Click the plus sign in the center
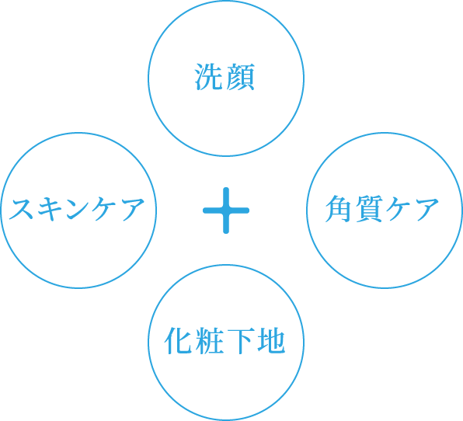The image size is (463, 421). click(x=226, y=210)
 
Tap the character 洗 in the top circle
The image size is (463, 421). click(x=208, y=77)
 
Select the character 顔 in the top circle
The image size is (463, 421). click(x=240, y=77)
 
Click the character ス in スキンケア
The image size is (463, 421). click(x=21, y=209)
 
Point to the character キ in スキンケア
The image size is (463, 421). click(x=50, y=209)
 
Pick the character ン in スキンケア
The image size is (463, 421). click(x=78, y=209)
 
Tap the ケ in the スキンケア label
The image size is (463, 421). click(x=104, y=209)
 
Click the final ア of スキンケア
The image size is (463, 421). click(x=132, y=209)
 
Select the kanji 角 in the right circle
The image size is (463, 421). click(x=339, y=208)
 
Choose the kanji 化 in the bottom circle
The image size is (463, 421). click(x=179, y=341)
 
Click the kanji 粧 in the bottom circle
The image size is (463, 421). click(x=210, y=341)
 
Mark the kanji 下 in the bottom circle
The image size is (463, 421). click(x=240, y=341)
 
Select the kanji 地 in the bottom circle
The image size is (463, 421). click(x=271, y=341)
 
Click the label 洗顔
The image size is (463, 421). click(x=225, y=77)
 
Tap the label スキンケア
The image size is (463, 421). click(x=77, y=209)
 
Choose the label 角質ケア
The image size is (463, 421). click(x=382, y=208)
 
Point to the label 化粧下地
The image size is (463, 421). click(x=225, y=341)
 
